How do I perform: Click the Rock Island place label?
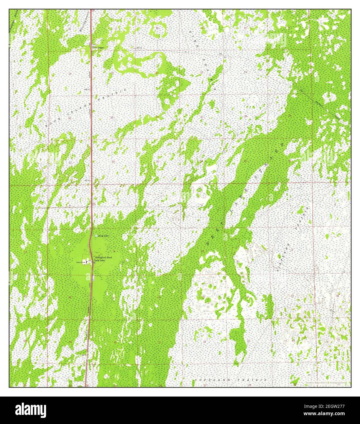pyautogui.click(x=98, y=48)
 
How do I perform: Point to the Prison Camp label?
pyautogui.click(x=81, y=262)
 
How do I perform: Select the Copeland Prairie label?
pyautogui.click(x=231, y=380)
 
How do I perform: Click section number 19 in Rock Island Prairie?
pyautogui.click(x=70, y=74)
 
